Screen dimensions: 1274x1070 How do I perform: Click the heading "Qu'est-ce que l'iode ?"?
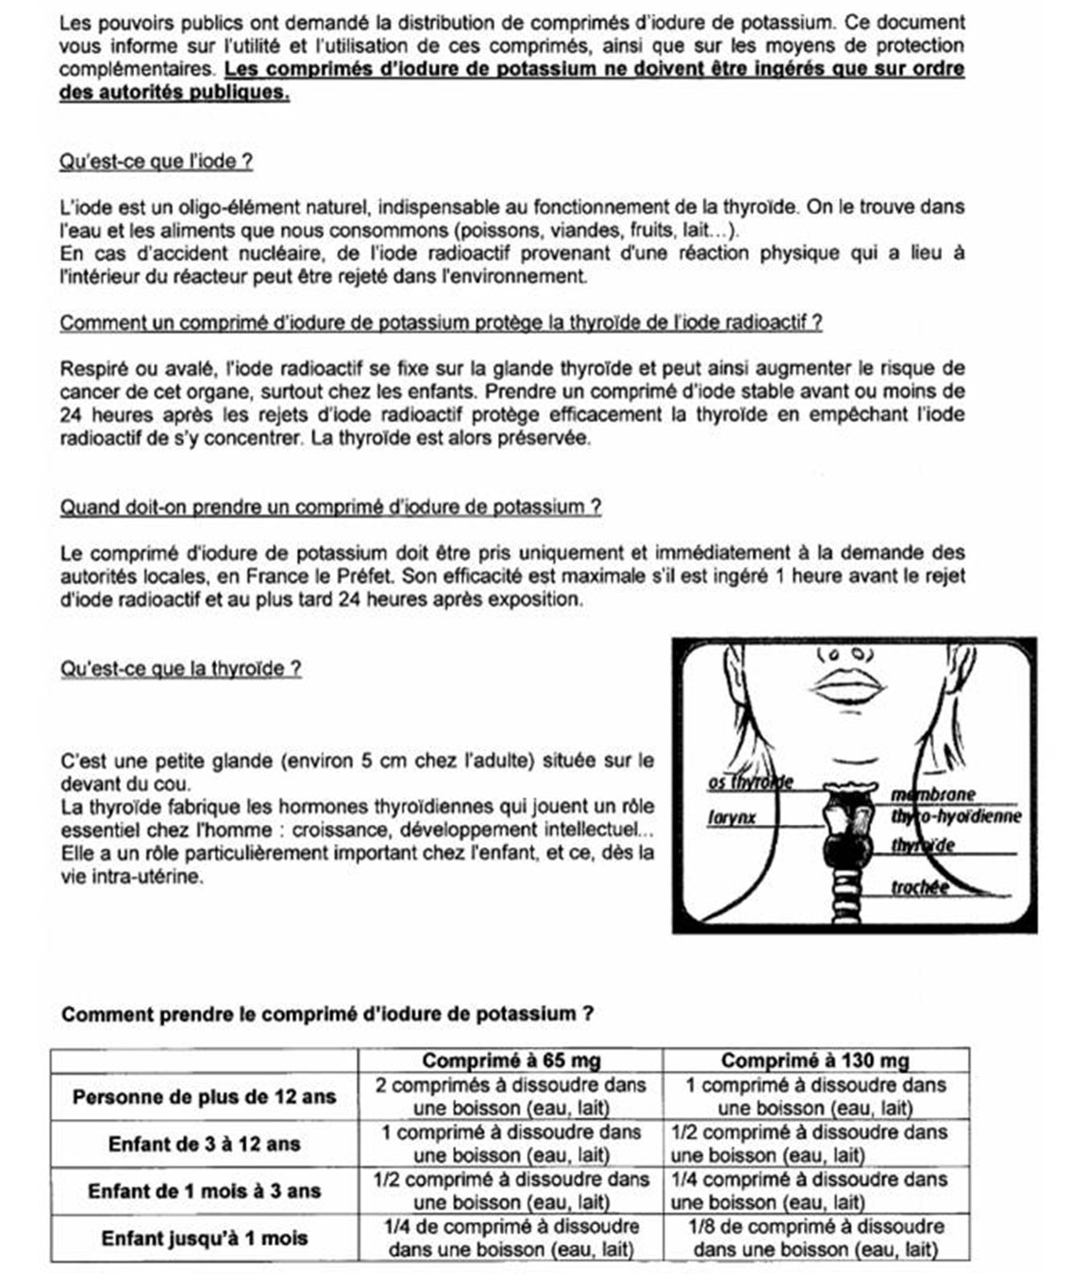(x=156, y=161)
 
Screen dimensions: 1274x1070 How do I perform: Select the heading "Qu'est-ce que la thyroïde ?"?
(x=180, y=669)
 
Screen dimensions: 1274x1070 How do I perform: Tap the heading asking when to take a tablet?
(x=330, y=507)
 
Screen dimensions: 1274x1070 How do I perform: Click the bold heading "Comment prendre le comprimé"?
(x=326, y=1014)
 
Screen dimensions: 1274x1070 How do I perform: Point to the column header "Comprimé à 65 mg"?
(x=510, y=1061)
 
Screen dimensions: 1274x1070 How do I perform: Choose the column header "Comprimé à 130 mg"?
(x=815, y=1061)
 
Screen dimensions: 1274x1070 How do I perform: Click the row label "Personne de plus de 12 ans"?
(x=204, y=1097)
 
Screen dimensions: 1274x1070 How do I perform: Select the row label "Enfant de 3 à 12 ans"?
(x=204, y=1144)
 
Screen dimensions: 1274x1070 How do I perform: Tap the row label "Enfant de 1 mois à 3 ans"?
(x=204, y=1191)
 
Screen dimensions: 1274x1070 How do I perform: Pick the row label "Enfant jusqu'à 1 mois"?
(x=204, y=1238)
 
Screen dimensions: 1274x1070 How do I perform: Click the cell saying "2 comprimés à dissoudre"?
(x=510, y=1097)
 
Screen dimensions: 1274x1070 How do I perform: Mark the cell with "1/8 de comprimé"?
(x=815, y=1238)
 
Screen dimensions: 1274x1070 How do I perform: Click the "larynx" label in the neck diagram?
(x=732, y=817)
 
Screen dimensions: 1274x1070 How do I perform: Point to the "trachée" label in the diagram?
(x=920, y=887)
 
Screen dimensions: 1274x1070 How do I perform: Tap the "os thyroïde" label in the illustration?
(x=750, y=782)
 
